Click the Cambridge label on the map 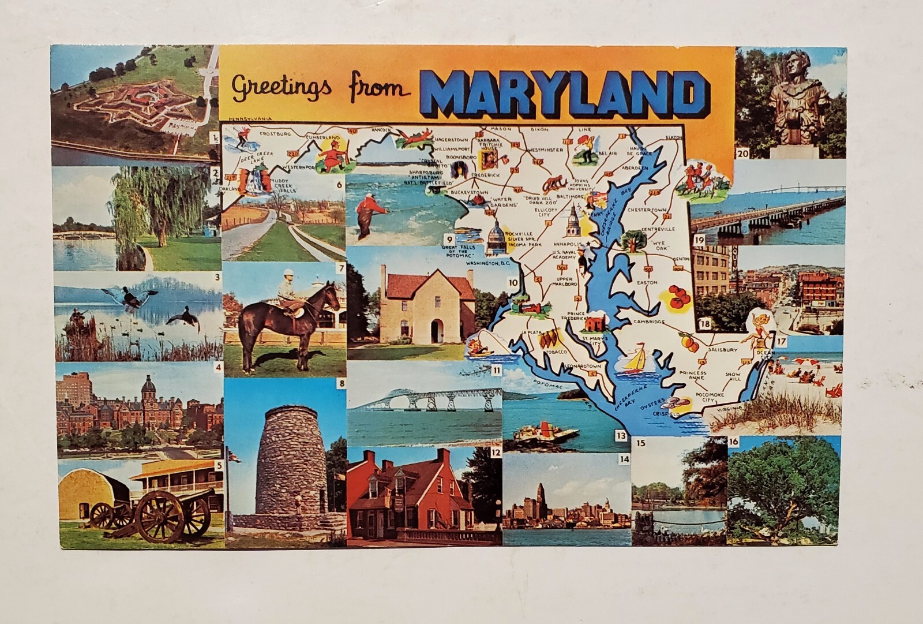point(650,322)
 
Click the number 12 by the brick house point(494,453)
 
